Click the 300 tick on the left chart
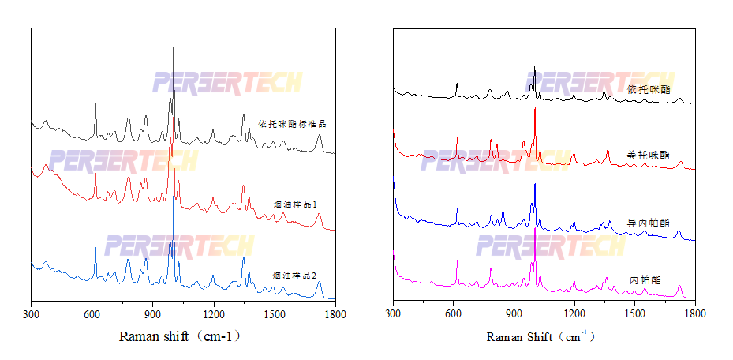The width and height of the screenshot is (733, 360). [x=32, y=314]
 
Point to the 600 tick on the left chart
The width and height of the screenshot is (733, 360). [x=92, y=314]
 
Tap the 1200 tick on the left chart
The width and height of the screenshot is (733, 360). [x=214, y=314]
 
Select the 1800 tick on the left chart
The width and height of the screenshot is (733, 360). [x=335, y=314]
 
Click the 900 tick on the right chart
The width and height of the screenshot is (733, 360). [x=514, y=313]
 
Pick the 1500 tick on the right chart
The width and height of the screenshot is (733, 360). [x=634, y=313]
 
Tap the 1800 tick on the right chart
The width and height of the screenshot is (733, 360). [x=695, y=313]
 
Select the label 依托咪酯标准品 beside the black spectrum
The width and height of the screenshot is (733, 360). [x=292, y=124]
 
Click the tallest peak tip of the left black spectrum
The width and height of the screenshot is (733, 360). [x=174, y=49]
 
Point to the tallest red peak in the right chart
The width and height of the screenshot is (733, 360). [x=535, y=109]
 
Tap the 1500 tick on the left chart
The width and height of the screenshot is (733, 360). [x=275, y=314]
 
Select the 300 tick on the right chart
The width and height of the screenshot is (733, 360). [x=393, y=313]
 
